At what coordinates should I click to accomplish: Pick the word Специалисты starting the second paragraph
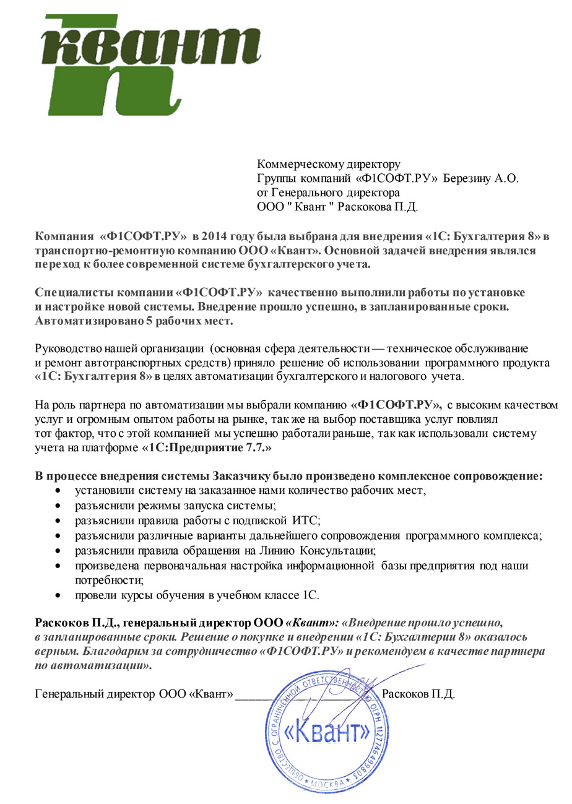tap(67, 292)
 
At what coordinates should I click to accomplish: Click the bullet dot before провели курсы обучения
tap(58, 595)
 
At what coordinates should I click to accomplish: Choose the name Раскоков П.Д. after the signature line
tap(419, 694)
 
